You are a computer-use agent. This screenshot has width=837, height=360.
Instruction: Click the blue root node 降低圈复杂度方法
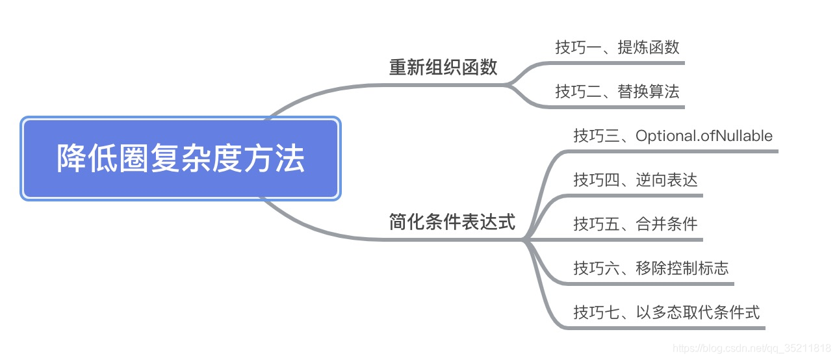pyautogui.click(x=181, y=159)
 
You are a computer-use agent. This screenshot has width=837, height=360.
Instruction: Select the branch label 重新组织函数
pyautogui.click(x=443, y=67)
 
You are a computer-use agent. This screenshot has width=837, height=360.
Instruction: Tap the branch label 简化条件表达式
pyautogui.click(x=452, y=223)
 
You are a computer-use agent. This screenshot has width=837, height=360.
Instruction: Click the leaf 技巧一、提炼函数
pyautogui.click(x=617, y=47)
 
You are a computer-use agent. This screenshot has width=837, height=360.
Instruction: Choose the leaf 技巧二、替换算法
pyautogui.click(x=617, y=92)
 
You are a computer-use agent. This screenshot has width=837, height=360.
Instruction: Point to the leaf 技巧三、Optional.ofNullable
pyautogui.click(x=673, y=136)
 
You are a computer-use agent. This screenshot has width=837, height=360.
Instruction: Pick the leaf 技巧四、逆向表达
pyautogui.click(x=635, y=180)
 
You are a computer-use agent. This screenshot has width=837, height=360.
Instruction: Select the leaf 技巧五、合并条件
pyautogui.click(x=635, y=224)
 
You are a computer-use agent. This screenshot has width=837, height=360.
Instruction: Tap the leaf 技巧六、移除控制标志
pyautogui.click(x=650, y=268)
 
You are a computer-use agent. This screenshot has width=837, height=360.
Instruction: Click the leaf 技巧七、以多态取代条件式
pyautogui.click(x=666, y=312)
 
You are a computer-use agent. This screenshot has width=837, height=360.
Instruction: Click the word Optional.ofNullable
pyautogui.click(x=704, y=136)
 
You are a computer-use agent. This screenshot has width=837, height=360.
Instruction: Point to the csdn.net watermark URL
pyautogui.click(x=751, y=348)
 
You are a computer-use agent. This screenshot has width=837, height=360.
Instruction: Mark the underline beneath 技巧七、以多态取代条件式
pyautogui.click(x=676, y=328)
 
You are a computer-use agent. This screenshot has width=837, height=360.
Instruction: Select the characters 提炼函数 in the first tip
pyautogui.click(x=648, y=47)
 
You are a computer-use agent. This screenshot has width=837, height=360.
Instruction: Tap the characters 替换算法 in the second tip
pyautogui.click(x=648, y=92)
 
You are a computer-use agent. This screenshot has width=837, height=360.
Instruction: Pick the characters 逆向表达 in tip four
pyautogui.click(x=666, y=180)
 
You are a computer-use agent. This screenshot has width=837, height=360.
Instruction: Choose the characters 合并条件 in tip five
pyautogui.click(x=666, y=224)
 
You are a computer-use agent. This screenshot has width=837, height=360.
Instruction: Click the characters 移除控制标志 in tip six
pyautogui.click(x=682, y=268)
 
